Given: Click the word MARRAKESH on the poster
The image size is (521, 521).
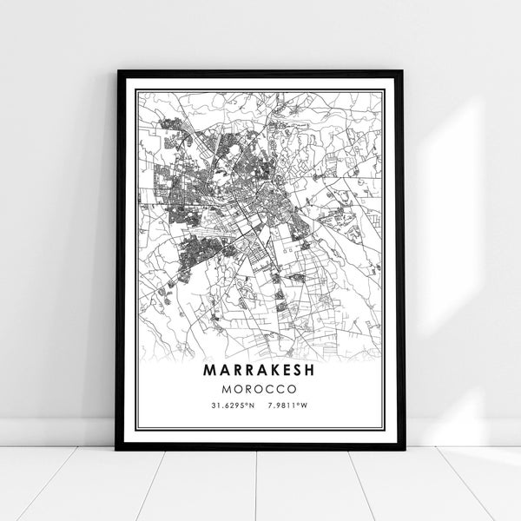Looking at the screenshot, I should pyautogui.click(x=260, y=369).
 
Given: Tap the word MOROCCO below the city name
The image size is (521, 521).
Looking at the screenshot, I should pyautogui.click(x=260, y=387).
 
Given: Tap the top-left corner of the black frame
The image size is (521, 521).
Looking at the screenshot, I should pyautogui.click(x=118, y=71).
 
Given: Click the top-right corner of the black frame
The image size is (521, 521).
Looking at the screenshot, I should pyautogui.click(x=402, y=71).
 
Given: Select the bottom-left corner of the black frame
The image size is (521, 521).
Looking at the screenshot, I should pyautogui.click(x=118, y=448).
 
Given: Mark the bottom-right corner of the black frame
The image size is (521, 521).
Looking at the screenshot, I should pyautogui.click(x=402, y=448).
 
